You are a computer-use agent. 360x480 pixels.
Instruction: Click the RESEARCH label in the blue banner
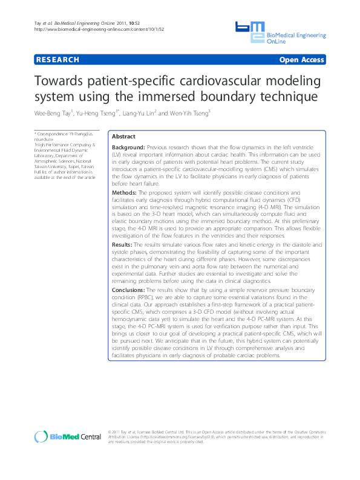(x=57, y=60)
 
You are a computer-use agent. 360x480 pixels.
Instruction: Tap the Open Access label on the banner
(x=301, y=60)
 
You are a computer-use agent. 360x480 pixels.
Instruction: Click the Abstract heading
(x=124, y=137)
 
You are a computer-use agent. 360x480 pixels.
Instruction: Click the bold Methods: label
(x=125, y=192)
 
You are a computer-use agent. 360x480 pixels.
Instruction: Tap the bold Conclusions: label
(x=131, y=290)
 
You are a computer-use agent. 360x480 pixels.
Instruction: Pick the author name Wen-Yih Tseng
(x=189, y=112)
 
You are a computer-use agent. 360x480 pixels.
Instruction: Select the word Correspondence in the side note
(x=53, y=133)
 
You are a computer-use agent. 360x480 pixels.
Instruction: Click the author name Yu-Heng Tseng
(x=96, y=112)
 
